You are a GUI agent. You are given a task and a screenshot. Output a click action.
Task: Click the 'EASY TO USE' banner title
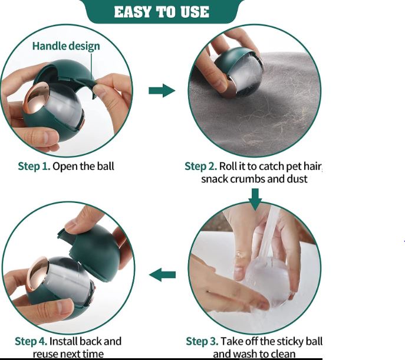pos(162,12)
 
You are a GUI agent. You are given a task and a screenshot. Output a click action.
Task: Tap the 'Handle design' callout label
pos(66,46)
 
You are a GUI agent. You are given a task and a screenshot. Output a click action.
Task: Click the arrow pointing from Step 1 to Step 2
pos(162,90)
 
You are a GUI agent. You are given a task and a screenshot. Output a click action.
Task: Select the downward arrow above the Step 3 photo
pos(255,199)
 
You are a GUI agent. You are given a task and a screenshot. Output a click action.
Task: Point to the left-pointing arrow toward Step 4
pos(162,274)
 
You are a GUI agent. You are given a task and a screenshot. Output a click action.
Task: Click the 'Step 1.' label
pos(34,166)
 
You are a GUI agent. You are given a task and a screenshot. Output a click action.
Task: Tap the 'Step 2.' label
pos(200,166)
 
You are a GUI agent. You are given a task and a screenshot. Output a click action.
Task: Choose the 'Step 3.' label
pos(202,341)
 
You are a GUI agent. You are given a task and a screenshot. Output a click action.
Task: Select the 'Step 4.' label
pos(31,341)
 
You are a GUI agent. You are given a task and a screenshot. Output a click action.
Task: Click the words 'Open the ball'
pos(83,166)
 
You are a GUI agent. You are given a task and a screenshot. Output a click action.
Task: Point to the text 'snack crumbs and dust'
pos(255,179)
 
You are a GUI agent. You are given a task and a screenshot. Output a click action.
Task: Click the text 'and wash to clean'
pos(254,354)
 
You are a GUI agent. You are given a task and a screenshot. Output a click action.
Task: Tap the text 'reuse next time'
pos(68,354)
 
